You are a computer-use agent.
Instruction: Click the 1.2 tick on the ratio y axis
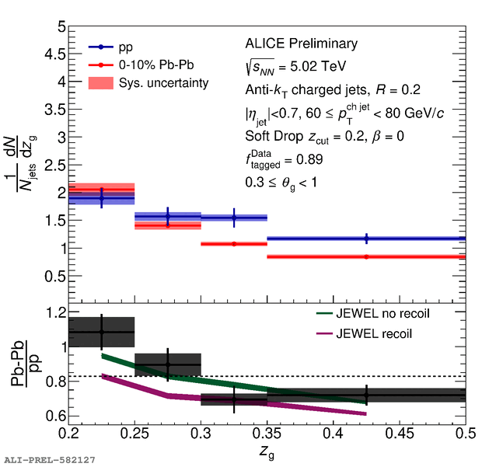51,312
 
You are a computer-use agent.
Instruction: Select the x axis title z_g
267,451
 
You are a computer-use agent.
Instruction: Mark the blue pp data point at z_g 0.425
366,239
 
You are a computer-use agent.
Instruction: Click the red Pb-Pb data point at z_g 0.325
234,244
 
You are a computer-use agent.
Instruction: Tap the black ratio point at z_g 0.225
102,332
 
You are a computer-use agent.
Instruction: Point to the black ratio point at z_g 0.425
366,396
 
